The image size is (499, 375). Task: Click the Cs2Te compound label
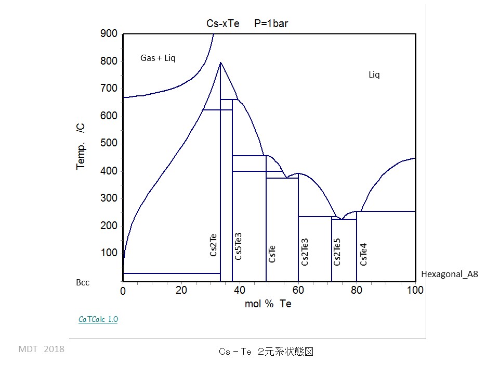click(214, 244)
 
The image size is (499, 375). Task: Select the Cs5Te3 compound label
click(239, 246)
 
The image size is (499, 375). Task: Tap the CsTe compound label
click(272, 254)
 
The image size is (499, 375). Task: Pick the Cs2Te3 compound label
click(305, 252)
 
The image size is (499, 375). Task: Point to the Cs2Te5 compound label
click(337, 252)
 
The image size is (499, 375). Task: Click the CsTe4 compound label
click(364, 254)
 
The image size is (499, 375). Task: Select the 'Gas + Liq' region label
click(158, 58)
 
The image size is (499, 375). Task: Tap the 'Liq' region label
click(374, 75)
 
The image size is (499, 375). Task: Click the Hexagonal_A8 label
click(449, 274)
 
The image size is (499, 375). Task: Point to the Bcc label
click(83, 282)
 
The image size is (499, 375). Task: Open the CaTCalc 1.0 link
click(98, 319)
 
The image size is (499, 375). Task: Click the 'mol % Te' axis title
click(268, 304)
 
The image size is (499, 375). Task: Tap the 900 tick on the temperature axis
click(109, 34)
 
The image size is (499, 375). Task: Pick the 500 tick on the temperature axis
click(109, 144)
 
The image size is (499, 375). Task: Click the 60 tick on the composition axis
click(298, 291)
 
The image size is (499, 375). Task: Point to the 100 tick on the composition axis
click(415, 291)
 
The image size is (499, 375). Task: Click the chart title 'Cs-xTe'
click(223, 23)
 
